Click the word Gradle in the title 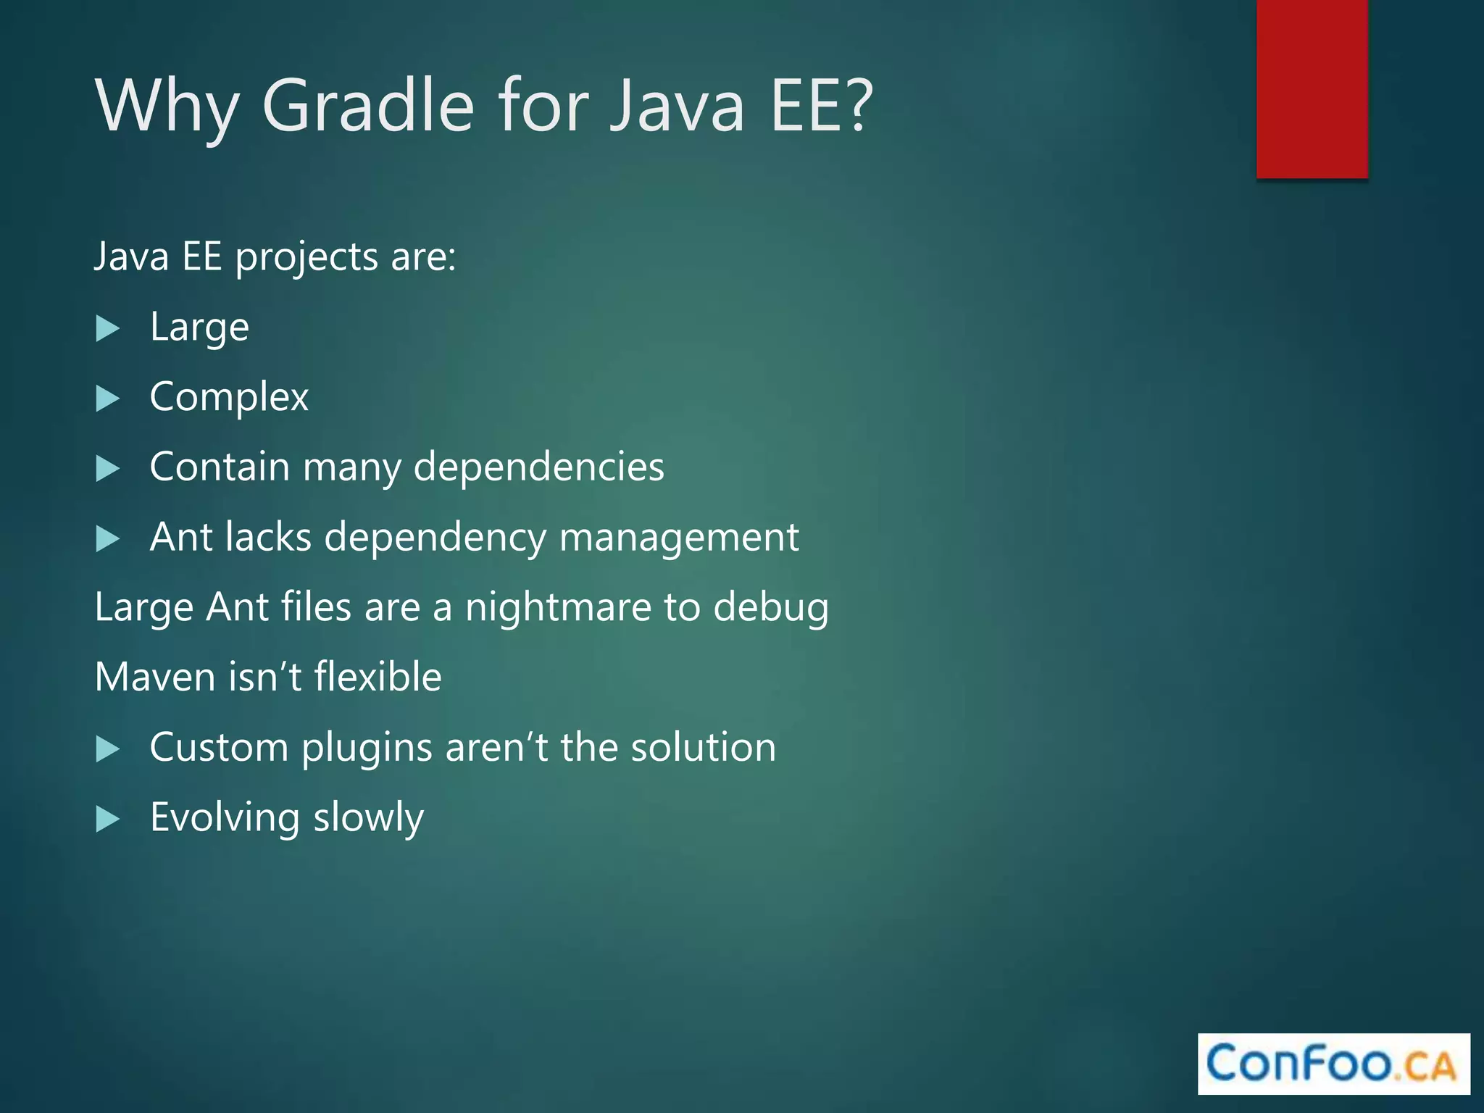(x=367, y=107)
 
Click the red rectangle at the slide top (x=1312, y=88)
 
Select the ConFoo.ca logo (x=1333, y=1064)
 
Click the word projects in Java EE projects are (x=307, y=258)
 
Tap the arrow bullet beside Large (x=108, y=329)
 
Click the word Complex (x=229, y=398)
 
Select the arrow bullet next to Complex (x=108, y=399)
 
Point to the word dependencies (x=538, y=467)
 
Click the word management (x=679, y=538)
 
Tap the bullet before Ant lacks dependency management (x=108, y=539)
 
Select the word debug (x=771, y=607)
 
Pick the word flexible (x=378, y=677)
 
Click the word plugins (x=367, y=748)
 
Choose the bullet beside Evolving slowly (x=108, y=820)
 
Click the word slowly (x=368, y=819)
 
